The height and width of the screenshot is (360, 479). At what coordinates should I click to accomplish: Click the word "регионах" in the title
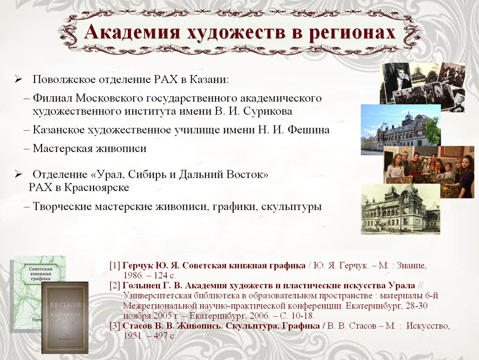352,32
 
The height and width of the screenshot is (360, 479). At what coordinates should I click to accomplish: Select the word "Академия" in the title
133,31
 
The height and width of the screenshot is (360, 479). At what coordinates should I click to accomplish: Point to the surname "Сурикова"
268,111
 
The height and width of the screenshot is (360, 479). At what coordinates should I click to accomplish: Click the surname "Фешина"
309,130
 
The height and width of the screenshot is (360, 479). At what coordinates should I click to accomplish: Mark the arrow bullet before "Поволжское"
18,80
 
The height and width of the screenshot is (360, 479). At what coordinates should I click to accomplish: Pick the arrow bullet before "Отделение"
18,174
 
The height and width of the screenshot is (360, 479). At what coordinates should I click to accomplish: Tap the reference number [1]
115,265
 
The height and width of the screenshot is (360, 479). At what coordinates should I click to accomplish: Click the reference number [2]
115,286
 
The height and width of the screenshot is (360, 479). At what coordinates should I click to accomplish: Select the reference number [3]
115,326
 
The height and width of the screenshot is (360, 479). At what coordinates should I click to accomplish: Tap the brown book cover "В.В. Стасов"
65,317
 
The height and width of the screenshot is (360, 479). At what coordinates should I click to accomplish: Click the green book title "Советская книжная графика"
40,274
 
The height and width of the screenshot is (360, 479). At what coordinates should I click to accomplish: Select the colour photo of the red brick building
401,129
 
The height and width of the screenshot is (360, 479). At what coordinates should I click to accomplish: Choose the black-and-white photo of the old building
400,209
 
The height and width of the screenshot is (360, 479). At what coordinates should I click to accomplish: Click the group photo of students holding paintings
425,172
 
